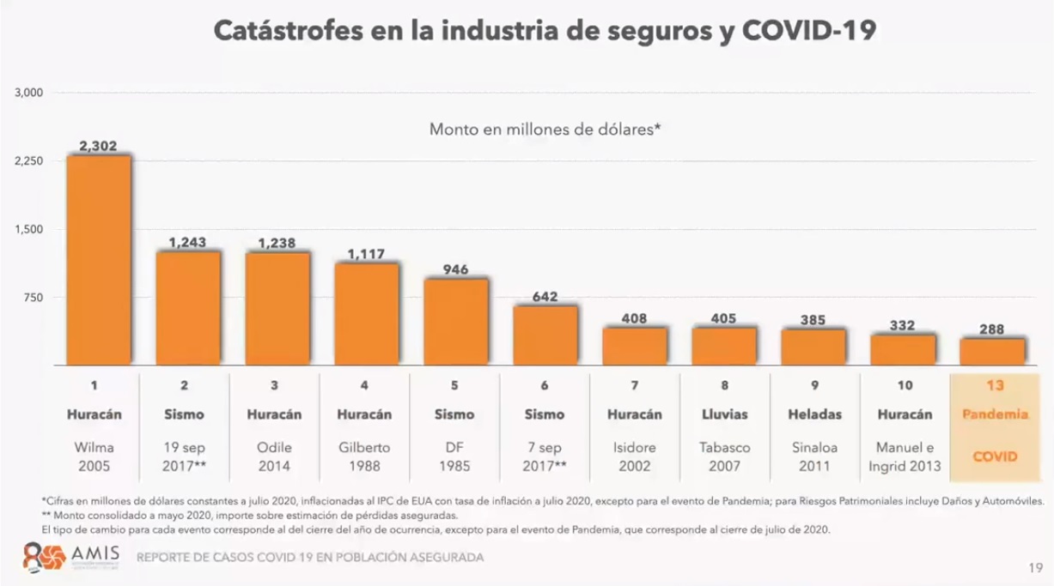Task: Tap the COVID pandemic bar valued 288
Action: click(992, 352)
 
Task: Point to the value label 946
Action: click(456, 269)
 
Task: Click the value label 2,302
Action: click(98, 146)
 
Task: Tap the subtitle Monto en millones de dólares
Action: click(545, 130)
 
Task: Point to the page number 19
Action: click(1035, 567)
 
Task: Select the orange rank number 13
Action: click(992, 386)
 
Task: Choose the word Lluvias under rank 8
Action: click(724, 414)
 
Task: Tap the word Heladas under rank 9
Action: click(813, 414)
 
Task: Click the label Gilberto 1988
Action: click(367, 456)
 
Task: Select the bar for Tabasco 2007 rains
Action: click(724, 346)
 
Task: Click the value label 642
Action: click(545, 297)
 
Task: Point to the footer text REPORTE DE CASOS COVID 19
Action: click(310, 558)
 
